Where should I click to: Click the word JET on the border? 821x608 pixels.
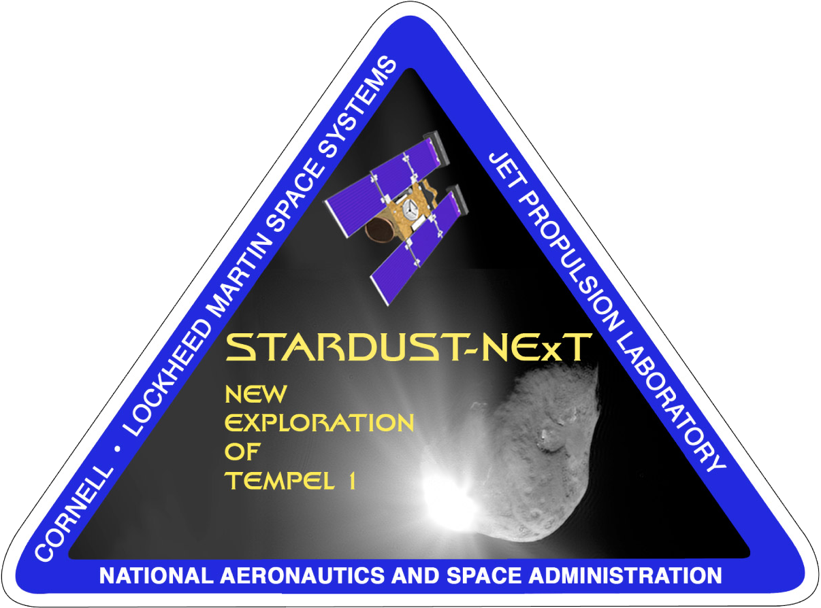coord(502,170)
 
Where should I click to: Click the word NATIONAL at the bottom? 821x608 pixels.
coord(157,576)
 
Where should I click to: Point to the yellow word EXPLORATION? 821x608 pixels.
coord(319,422)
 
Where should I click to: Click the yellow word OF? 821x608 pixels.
coord(242,452)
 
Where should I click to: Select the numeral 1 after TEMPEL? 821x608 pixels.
coord(352,481)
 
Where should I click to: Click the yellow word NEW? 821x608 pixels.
coord(256,394)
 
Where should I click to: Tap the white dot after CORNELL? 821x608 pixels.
coord(118,450)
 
